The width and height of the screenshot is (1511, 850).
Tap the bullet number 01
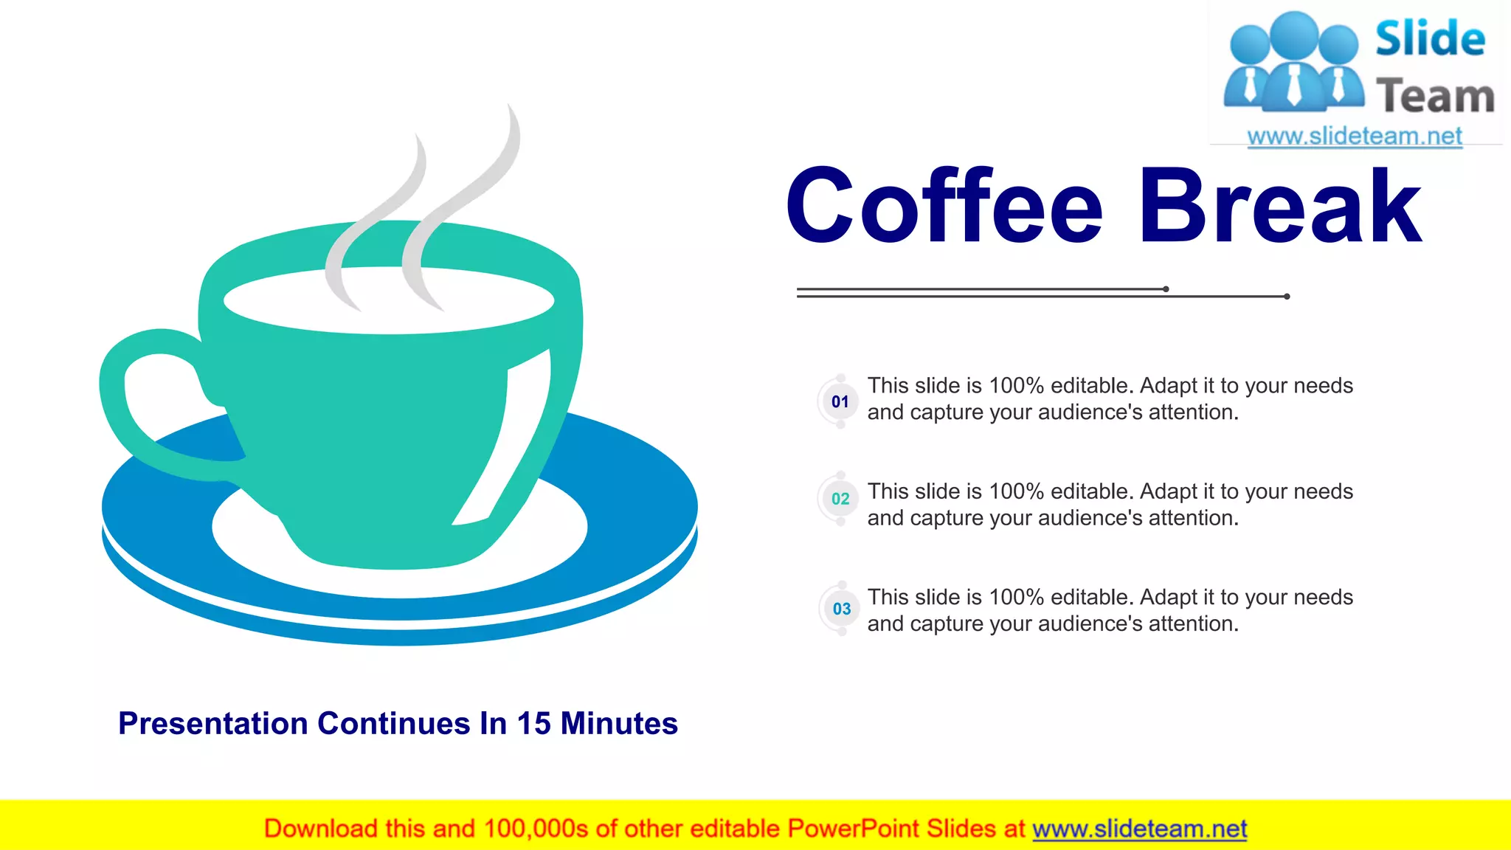point(840,402)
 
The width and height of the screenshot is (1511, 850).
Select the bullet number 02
point(840,500)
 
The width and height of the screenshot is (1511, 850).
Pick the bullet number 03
point(842,609)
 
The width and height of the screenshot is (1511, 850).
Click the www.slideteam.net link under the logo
point(1355,137)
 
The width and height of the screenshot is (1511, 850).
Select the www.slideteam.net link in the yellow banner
point(1139,829)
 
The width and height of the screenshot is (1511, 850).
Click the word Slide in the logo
point(1430,38)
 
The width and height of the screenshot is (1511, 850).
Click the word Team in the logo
point(1435,97)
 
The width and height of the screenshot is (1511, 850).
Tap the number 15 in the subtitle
point(533,724)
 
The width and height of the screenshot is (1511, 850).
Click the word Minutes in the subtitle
point(619,724)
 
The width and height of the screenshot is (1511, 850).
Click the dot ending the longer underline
point(1287,297)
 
